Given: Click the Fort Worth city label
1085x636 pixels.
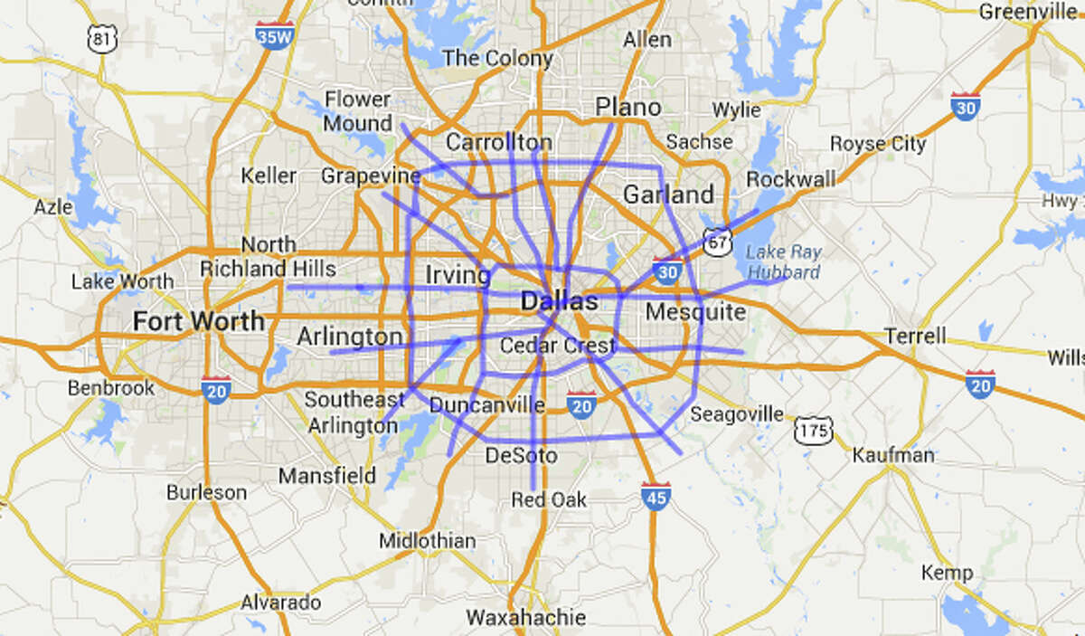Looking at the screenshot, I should point(199,321).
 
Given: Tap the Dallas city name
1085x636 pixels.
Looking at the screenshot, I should point(559,302).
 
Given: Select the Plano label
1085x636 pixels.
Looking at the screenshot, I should point(627,108).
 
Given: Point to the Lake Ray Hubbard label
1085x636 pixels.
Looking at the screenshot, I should point(783,262).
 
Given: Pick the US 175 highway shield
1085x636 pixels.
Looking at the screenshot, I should point(812,430).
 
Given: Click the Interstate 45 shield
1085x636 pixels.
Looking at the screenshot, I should point(656,496).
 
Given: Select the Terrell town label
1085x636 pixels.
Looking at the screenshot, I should point(916,336).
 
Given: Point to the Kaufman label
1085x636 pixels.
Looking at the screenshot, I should point(893,455).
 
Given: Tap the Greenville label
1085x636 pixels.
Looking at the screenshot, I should point(1030,12).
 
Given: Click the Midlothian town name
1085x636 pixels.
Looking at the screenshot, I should point(427,541).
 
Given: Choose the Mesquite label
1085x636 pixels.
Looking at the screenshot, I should point(695,313).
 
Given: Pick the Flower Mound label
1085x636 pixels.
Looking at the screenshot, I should point(357,110).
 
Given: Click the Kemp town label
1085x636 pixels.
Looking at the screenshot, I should point(947,573).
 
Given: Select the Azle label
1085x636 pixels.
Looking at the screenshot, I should point(53,207).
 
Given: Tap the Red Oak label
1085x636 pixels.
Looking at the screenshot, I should point(549,499).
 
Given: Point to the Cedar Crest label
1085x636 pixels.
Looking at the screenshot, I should point(557,346).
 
